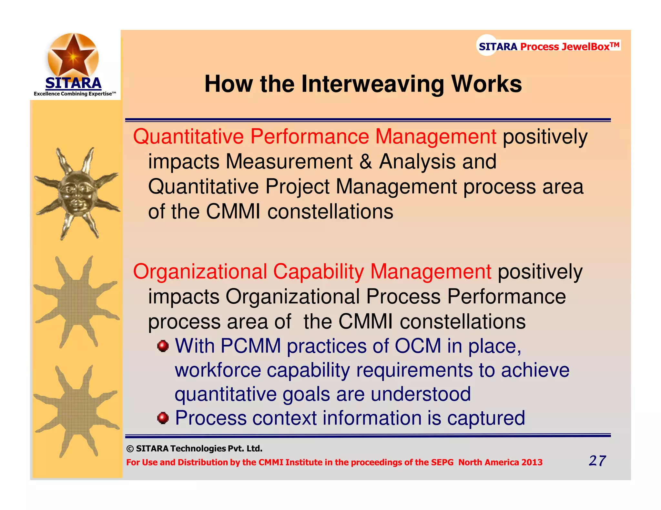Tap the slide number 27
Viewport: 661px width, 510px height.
click(597, 461)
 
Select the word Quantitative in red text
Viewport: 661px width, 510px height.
click(188, 136)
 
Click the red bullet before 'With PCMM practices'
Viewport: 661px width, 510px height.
click(163, 346)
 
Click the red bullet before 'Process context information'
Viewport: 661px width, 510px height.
click(163, 418)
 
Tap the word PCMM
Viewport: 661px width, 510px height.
click(250, 346)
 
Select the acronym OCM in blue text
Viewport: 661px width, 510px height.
click(418, 346)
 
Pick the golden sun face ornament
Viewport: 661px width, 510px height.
click(77, 193)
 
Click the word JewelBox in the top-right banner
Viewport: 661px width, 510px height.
click(585, 47)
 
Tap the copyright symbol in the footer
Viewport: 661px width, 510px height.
click(130, 449)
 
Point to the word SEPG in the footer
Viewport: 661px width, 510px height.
click(442, 462)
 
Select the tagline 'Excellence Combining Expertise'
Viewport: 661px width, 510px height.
click(75, 94)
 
